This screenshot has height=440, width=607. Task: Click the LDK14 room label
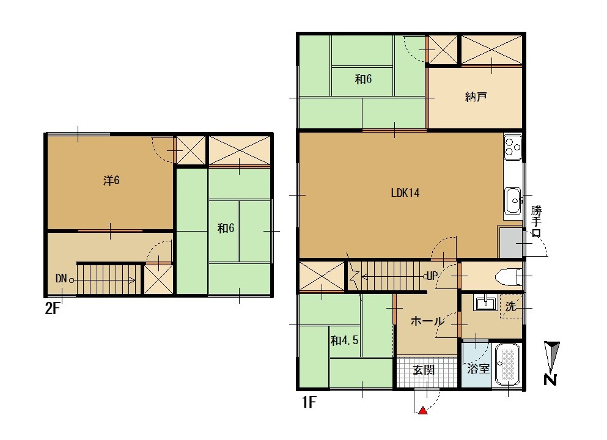click(405, 193)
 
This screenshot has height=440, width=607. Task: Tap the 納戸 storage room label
click(476, 97)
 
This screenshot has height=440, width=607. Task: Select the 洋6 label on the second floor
click(111, 180)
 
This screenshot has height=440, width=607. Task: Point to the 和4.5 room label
click(344, 340)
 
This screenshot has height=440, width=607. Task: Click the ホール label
click(427, 321)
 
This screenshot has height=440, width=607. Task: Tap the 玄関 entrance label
click(424, 370)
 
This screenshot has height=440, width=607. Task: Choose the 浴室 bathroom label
click(479, 369)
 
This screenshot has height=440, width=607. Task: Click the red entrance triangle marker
click(423, 411)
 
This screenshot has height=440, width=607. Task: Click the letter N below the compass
click(550, 380)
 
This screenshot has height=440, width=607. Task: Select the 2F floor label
click(53, 309)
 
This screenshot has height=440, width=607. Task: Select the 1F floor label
click(309, 403)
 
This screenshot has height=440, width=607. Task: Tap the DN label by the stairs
click(61, 278)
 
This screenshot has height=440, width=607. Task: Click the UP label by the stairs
click(432, 276)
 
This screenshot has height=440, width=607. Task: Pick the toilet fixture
click(509, 276)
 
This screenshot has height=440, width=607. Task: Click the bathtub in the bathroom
click(508, 364)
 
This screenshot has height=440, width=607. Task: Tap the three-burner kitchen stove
click(513, 147)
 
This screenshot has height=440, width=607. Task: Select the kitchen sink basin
click(513, 200)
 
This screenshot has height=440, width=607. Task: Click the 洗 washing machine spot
click(510, 307)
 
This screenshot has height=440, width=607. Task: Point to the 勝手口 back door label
click(536, 221)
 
